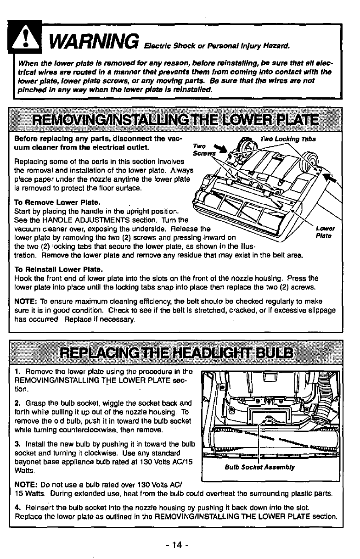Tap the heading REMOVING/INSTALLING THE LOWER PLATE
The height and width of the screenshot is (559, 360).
point(176,120)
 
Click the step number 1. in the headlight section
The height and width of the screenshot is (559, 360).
point(17,371)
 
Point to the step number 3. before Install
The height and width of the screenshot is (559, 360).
point(17,445)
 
